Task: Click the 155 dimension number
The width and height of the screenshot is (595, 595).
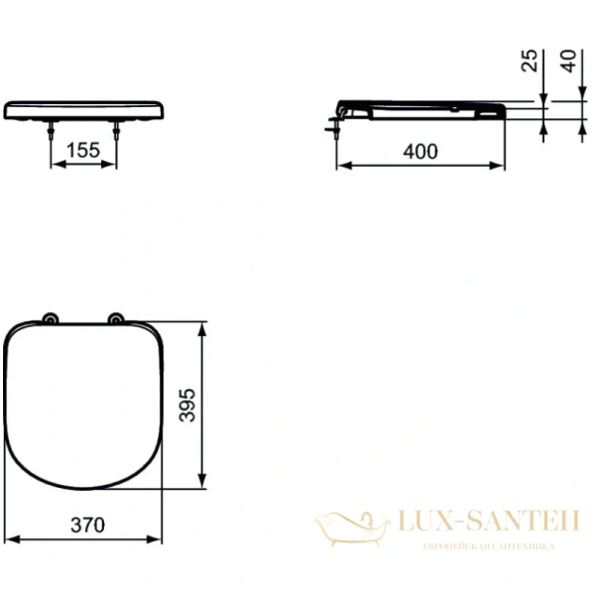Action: coord(83,151)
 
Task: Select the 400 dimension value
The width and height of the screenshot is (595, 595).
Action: coord(419,151)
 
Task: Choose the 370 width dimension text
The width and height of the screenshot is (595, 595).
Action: coord(86,526)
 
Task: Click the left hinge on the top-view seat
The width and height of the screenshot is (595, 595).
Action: coord(50,318)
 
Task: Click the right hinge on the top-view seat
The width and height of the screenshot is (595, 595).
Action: coord(117,318)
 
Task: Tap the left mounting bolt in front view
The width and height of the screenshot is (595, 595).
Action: coord(51,129)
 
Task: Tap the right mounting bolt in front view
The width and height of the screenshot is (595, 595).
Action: coord(117,129)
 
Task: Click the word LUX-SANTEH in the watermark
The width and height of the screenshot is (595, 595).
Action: coord(477,521)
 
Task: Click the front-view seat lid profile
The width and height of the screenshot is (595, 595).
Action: coord(84,109)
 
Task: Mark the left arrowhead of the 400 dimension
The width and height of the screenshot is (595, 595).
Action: coord(341,165)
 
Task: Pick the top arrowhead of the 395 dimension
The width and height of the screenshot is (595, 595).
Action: coord(203,326)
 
